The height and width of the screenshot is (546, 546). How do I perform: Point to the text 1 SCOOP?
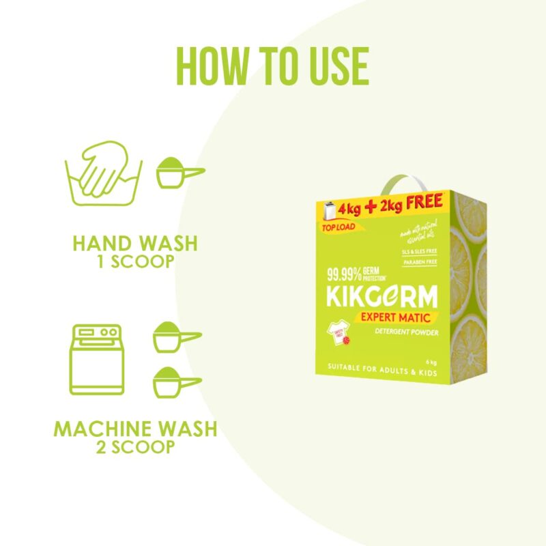coord(135,261)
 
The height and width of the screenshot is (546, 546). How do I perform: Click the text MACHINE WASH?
coord(135,429)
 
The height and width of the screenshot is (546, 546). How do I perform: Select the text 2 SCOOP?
coord(135,448)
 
